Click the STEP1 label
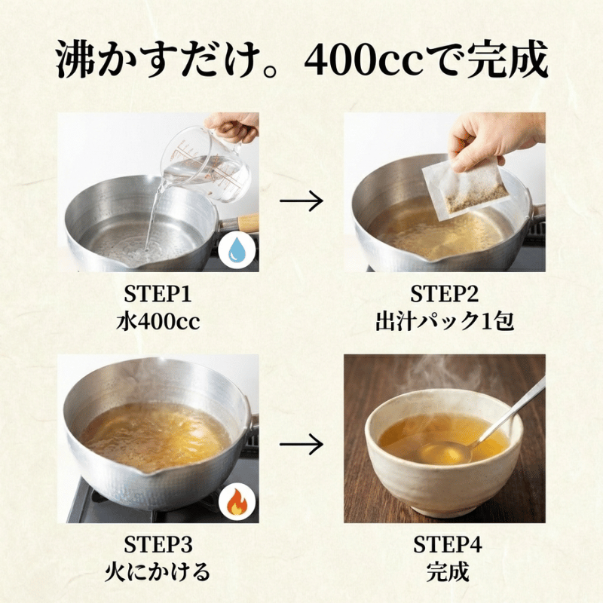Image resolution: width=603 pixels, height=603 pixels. (x=161, y=293)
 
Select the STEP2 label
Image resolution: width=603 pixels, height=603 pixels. (x=444, y=293)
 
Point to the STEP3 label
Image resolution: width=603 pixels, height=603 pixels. (x=161, y=544)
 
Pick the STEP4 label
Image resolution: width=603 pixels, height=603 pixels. (x=444, y=544)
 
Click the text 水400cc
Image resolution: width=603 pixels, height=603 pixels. (x=161, y=321)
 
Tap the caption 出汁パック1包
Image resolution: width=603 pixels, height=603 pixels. (x=444, y=321)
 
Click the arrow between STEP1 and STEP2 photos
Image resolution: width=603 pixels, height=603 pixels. (x=301, y=201)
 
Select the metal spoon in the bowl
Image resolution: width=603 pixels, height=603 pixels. (x=497, y=422)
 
